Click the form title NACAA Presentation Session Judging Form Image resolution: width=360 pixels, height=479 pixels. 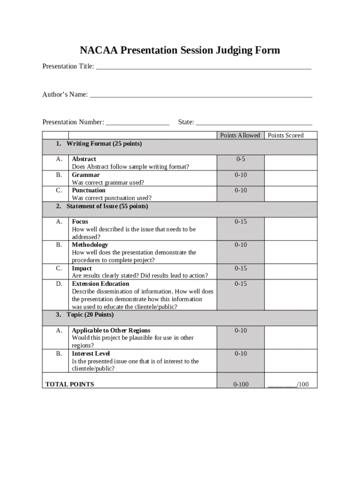pyautogui.click(x=180, y=50)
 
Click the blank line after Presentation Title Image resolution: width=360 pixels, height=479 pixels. pyautogui.click(x=203, y=67)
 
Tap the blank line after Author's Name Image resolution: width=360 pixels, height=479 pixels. pyautogui.click(x=201, y=95)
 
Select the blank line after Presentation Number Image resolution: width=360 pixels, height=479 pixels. pyautogui.click(x=137, y=123)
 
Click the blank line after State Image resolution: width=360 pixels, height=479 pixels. pyautogui.click(x=254, y=123)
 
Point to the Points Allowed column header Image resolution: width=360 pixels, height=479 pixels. pyautogui.click(x=240, y=136)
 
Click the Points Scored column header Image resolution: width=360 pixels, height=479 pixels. pyautogui.click(x=285, y=136)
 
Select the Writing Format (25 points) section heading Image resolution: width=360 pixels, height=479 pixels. pyautogui.click(x=104, y=144)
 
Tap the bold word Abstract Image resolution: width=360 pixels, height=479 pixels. pyautogui.click(x=84, y=159)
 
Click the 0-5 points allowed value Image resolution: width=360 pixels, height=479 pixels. pyautogui.click(x=240, y=159)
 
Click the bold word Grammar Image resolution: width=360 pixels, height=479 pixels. pyautogui.click(x=86, y=175)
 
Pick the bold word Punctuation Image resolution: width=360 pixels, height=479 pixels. pyautogui.click(x=89, y=190)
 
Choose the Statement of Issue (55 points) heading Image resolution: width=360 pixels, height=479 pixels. pyautogui.click(x=107, y=206)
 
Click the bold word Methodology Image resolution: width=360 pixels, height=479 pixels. pyautogui.click(x=90, y=245)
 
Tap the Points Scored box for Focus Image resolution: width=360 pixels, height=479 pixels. pyautogui.click(x=290, y=229)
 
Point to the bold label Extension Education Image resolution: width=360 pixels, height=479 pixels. pyautogui.click(x=101, y=284)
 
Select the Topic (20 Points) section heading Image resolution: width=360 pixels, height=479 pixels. pyautogui.click(x=90, y=315)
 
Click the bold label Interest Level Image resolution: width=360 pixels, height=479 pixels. pyautogui.click(x=91, y=354)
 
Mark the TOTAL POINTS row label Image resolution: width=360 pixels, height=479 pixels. pyautogui.click(x=70, y=385)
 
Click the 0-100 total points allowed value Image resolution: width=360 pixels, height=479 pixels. pyautogui.click(x=241, y=385)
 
